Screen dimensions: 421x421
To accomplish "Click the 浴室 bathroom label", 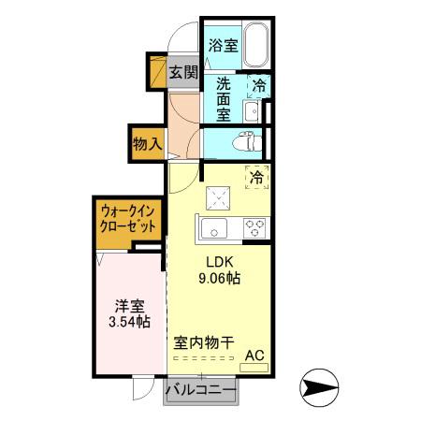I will (222, 44).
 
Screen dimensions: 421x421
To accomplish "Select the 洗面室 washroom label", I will (224, 97).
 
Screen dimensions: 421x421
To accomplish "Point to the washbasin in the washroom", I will (251, 111).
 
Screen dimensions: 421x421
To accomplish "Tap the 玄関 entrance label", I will (184, 71).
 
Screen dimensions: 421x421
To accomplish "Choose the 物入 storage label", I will (148, 144).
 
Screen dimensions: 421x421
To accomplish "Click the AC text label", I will (254, 355).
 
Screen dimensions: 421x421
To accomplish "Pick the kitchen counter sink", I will (211, 227).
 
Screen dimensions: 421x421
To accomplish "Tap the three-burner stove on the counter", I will (254, 227).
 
